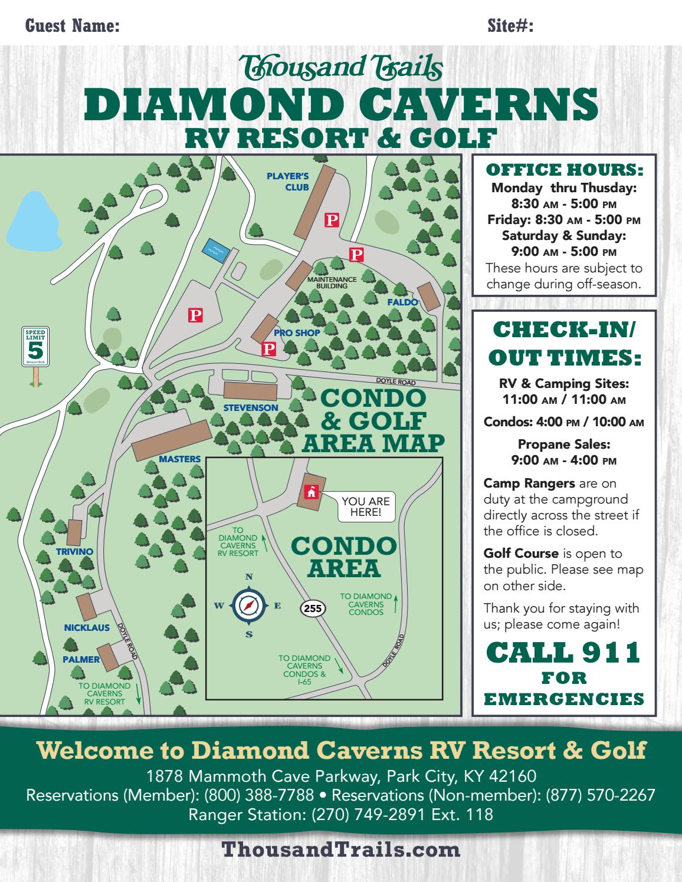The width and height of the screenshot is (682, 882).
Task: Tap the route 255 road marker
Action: (x=313, y=608)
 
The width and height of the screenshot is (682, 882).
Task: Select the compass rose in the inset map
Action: (x=249, y=605)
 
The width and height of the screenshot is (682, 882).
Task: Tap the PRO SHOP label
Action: (x=297, y=333)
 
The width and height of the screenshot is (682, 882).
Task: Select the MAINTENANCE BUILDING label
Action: (x=332, y=282)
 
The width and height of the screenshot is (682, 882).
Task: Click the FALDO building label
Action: (x=402, y=302)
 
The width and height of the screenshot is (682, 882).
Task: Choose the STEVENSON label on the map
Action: (x=251, y=407)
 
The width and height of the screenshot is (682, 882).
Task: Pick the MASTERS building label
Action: (x=180, y=459)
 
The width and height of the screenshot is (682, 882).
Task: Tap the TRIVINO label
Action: (x=75, y=551)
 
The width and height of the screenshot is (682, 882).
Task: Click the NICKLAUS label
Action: (x=87, y=628)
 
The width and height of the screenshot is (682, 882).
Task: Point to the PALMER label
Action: (x=81, y=659)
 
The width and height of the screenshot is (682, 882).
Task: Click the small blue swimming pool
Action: (x=215, y=250)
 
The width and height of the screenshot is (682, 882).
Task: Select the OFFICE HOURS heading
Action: (x=563, y=170)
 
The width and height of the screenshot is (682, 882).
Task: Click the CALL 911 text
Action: (x=563, y=652)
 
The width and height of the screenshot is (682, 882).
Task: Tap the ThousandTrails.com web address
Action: (x=340, y=850)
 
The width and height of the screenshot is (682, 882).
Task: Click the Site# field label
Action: (x=510, y=26)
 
